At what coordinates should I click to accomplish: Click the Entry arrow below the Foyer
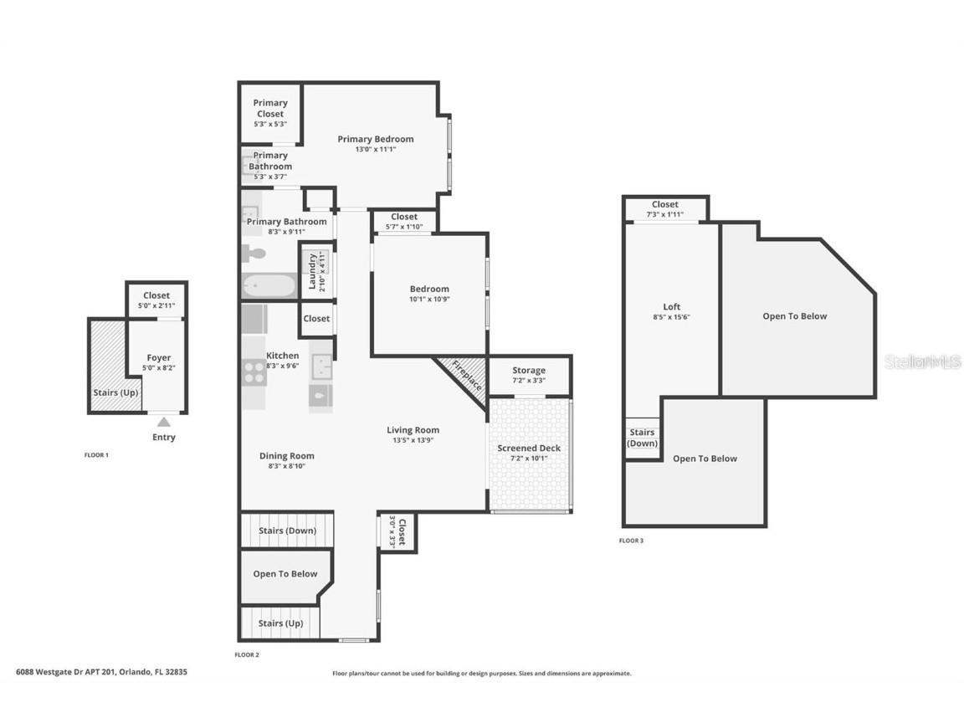pos(164,423)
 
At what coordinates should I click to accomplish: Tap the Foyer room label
pos(159,358)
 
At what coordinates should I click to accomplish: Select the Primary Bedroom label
pos(376,139)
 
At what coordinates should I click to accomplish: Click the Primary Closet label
pos(270,109)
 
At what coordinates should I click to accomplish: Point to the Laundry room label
pos(312,272)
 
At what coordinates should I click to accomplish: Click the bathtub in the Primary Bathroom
pos(269,286)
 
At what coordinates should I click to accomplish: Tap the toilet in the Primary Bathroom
pos(254,253)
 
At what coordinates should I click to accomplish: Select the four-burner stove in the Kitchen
pos(254,372)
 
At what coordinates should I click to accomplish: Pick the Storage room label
pos(529,370)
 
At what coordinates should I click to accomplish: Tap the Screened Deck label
pos(529,449)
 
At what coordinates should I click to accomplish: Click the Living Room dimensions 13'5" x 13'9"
pos(413,440)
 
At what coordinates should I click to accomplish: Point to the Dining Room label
pos(287,456)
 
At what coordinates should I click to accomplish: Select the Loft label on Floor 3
pos(672,306)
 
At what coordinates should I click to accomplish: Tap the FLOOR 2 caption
pos(248,654)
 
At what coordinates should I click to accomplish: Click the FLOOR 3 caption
pos(631,541)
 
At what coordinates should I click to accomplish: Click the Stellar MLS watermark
pos(922,361)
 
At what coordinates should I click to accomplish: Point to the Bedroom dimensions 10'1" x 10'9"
pos(429,300)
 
